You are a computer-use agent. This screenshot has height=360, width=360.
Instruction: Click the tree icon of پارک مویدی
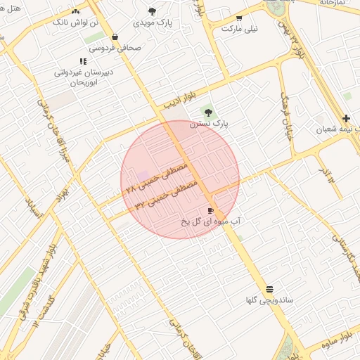coord(153,11)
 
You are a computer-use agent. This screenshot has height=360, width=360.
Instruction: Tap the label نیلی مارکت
coord(240,29)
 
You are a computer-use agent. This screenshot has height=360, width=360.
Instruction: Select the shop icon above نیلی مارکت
coord(239,18)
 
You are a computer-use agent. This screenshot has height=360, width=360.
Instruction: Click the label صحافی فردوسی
coord(114,48)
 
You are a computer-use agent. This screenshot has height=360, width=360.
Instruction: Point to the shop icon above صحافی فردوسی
coord(115,37)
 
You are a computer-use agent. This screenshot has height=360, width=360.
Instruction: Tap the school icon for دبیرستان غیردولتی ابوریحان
coord(83,61)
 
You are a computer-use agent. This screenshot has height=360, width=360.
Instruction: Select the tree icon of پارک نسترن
coord(207,112)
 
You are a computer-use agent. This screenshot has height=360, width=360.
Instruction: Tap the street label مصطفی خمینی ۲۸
coord(159,177)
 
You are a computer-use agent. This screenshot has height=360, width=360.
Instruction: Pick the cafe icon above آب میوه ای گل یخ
coord(210,210)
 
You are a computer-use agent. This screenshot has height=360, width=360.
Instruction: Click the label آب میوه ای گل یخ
coord(210,221)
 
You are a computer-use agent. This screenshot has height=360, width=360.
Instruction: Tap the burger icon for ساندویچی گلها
coord(269,290)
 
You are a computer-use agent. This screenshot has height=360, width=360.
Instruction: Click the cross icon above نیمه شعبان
coord(345,118)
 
